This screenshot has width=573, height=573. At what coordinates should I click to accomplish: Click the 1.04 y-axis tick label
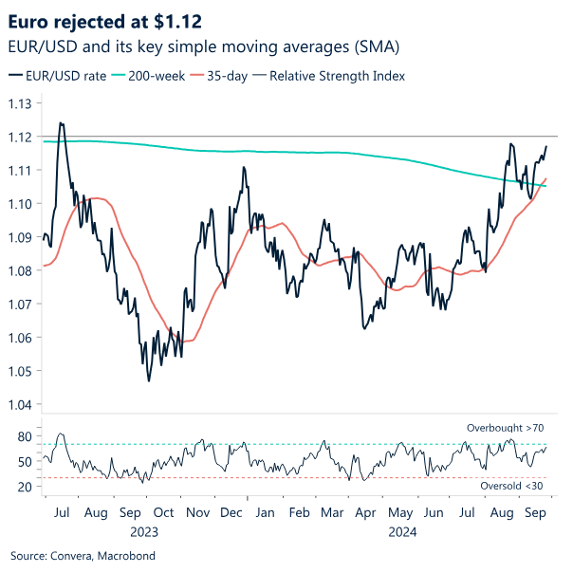click(22, 405)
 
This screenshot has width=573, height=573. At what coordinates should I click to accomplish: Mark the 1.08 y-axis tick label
click(22, 271)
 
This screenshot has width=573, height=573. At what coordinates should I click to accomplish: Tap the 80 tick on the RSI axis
click(25, 437)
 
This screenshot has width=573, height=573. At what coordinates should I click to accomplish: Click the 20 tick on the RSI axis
click(25, 488)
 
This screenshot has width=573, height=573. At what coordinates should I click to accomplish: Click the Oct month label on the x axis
click(163, 512)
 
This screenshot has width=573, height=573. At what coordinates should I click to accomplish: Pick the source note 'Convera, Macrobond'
click(83, 555)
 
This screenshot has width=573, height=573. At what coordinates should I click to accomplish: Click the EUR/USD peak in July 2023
click(61, 122)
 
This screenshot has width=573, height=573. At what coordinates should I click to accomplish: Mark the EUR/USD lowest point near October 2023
click(149, 381)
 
